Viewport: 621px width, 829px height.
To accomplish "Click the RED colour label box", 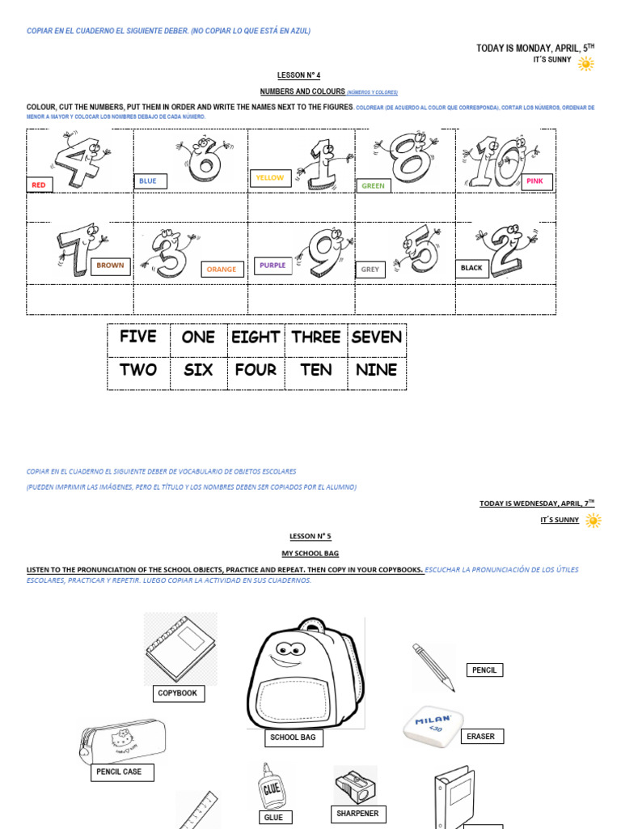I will click(x=39, y=185).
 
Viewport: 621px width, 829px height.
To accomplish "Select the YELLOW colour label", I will click(x=270, y=177).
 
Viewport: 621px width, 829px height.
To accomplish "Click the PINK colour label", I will click(x=535, y=181).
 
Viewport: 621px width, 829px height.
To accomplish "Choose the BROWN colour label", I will click(x=110, y=266).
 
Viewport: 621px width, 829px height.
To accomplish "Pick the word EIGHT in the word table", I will click(x=256, y=338).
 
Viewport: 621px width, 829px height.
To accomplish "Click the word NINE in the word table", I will click(x=376, y=371).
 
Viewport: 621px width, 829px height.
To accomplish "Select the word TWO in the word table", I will click(x=138, y=371).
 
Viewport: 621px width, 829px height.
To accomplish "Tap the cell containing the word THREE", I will click(x=315, y=338).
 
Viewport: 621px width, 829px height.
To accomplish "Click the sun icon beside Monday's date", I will click(x=586, y=63).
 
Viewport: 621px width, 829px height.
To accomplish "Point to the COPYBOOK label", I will click(x=178, y=694).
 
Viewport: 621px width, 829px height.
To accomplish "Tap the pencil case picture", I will click(x=123, y=741).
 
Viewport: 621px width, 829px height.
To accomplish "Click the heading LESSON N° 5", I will click(x=310, y=536).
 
